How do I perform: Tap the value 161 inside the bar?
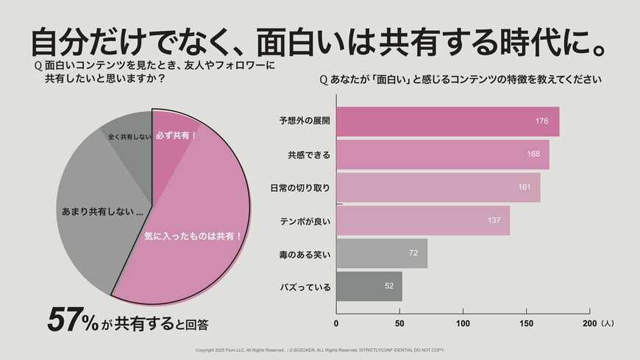coord(524,188)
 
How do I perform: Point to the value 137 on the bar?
coord(494,221)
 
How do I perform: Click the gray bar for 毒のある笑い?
coord(381,253)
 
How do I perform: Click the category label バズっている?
coord(306,286)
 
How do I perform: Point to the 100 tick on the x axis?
coord(463,323)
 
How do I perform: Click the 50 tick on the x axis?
coord(399,323)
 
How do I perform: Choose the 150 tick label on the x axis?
coord(526,323)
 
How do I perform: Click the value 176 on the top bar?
coord(541,121)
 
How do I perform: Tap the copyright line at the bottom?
coord(319,350)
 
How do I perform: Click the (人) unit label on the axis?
coord(607,323)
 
